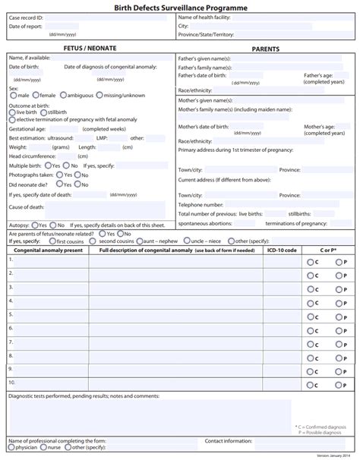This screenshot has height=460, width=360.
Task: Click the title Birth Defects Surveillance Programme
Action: (180, 6)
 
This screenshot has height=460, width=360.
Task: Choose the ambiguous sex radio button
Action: (63, 96)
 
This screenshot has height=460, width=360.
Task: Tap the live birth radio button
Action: (12, 112)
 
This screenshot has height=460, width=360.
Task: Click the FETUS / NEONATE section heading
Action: (90, 49)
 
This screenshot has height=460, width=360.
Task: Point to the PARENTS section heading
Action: (265, 49)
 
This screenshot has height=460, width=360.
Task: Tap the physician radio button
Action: (12, 448)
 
